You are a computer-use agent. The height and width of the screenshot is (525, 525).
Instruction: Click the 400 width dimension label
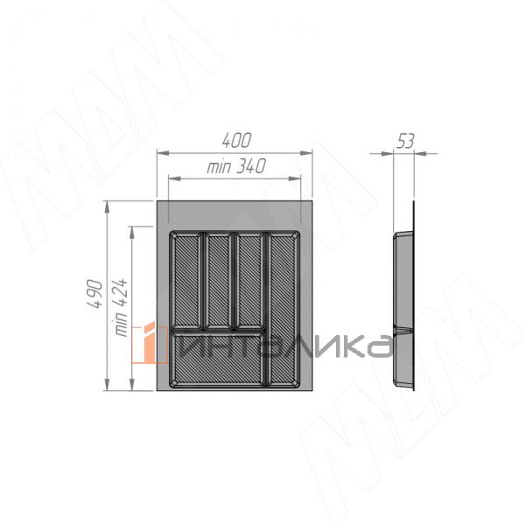(236, 140)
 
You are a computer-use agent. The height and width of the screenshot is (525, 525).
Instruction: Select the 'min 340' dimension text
(236, 166)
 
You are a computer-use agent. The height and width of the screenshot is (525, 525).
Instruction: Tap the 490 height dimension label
(94, 294)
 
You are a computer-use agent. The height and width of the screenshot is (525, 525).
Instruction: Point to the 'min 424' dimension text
(121, 307)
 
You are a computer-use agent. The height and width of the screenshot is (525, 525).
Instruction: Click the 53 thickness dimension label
(405, 141)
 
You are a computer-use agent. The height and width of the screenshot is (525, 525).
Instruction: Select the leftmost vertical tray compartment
(186, 280)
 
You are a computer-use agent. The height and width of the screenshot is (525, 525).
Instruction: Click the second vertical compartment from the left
(218, 280)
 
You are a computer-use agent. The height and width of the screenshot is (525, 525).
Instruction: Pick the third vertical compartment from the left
(249, 280)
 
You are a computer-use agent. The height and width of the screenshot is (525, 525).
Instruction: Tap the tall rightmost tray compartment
(283, 309)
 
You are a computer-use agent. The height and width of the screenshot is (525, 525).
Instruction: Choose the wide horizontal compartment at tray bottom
(218, 359)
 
